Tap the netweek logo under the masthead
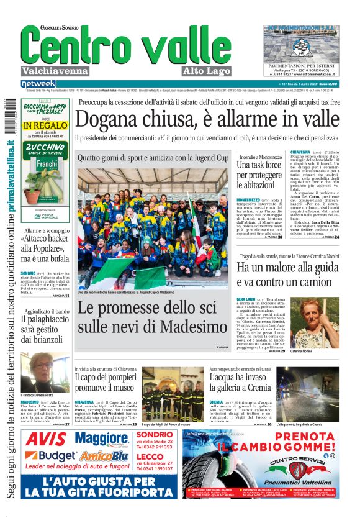coord(38,84)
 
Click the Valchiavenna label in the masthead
coord(55,71)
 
